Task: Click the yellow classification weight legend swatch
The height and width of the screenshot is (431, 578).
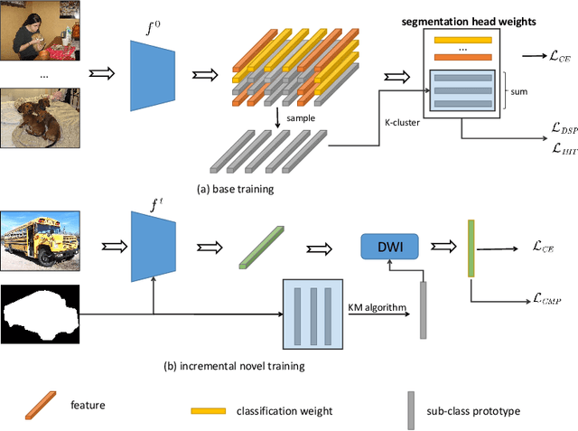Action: (x=208, y=410)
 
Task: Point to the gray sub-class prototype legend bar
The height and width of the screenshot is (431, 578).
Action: (x=412, y=408)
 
